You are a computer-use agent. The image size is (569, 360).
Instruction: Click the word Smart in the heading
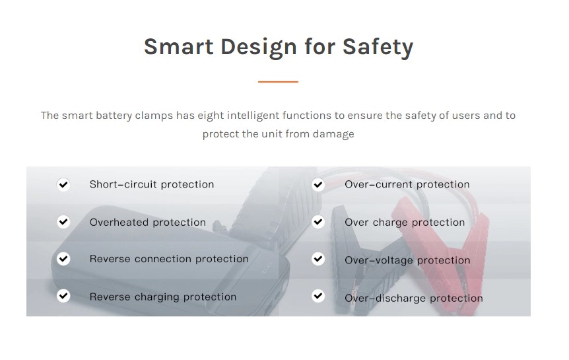pos(178,46)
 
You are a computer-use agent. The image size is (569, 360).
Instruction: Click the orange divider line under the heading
pos(278,82)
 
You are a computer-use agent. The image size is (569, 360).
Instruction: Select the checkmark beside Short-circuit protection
pos(63,184)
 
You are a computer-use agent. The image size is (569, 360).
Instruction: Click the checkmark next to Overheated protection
pos(63,221)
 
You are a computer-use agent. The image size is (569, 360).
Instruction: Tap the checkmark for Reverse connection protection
pos(63,259)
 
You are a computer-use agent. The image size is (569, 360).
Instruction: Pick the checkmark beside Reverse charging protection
pos(63,296)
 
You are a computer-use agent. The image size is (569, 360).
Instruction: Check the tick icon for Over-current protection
pos(318,184)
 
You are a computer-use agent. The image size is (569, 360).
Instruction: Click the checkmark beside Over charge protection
pos(318,221)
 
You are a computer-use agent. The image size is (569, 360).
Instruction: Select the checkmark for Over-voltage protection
pos(318,259)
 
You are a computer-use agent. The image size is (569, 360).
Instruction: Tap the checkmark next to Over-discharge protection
pos(318,296)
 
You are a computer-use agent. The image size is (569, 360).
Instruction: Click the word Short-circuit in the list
pos(123,184)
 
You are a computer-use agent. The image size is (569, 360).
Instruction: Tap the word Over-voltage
pos(379,260)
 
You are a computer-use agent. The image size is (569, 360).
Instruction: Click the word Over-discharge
pos(385,299)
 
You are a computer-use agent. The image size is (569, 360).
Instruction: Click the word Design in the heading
pos(259,48)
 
